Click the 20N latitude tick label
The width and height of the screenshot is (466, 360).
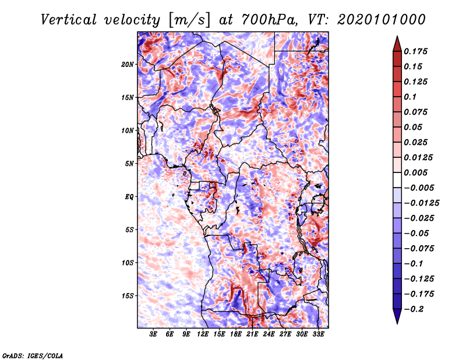pos(128,65)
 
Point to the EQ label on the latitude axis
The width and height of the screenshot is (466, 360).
pos(129,197)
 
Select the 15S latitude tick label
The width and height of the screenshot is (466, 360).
pos(128,296)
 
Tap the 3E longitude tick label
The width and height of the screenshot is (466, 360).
pos(153,334)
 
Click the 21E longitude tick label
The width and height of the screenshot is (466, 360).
pos(252,334)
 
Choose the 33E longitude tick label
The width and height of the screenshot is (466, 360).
pos(318,334)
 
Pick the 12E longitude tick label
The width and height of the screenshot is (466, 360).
pos(203,334)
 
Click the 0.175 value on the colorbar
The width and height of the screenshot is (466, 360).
pos(415,51)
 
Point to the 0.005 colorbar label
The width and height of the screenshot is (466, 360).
pos(415,172)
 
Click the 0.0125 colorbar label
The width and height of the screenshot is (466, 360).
pos(418,157)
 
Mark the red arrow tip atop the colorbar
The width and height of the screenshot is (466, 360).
pos(397,37)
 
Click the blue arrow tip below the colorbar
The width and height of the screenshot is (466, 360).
pos(397,323)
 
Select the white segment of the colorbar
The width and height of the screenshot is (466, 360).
pos(397,180)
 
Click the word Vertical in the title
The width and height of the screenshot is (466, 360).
pos(69,20)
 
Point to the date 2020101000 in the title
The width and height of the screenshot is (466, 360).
pos(382,20)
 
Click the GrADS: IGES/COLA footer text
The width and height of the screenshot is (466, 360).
pos(33,355)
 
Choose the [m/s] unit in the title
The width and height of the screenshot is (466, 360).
pos(189,20)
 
